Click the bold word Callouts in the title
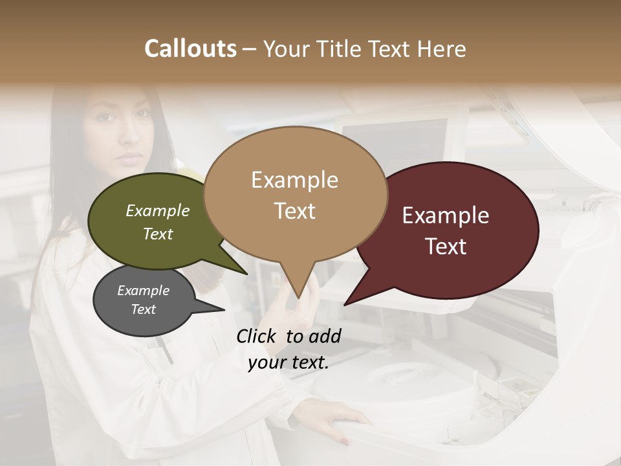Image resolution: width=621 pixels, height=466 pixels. pos(190,49)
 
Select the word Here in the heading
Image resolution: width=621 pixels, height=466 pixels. pos(442,49)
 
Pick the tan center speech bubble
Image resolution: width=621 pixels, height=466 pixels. pos(295,194)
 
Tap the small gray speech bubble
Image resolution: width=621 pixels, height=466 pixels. pos(142,301)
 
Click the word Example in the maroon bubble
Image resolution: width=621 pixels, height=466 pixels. pos(446,216)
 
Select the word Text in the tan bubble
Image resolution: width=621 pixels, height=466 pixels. pos(295,211)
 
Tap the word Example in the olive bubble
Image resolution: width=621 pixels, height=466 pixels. pos(158,210)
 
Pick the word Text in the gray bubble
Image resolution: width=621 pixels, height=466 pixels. pos(144,309)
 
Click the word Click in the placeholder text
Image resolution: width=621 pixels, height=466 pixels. pos(257,336)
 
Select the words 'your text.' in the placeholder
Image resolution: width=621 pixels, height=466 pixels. pos(289,363)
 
